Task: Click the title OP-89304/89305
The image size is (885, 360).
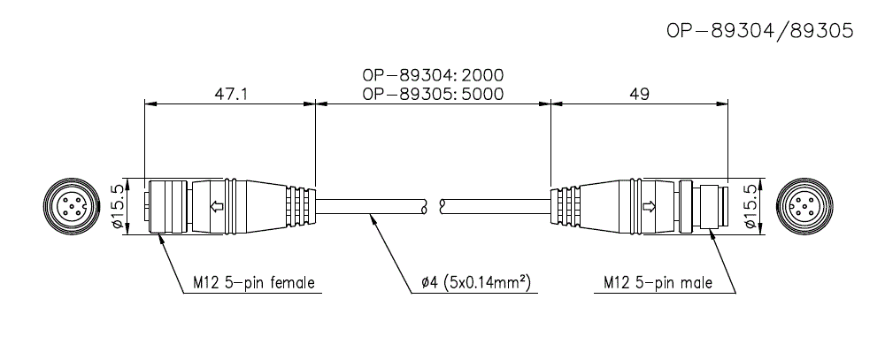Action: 758,32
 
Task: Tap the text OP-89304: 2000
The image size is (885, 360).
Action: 434,75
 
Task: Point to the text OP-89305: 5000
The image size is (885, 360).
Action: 434,93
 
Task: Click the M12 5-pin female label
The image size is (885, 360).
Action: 254,284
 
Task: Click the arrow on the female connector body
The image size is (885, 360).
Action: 215,208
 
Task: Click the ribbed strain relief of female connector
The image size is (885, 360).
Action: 300,208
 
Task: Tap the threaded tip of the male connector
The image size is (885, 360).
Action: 712,208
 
